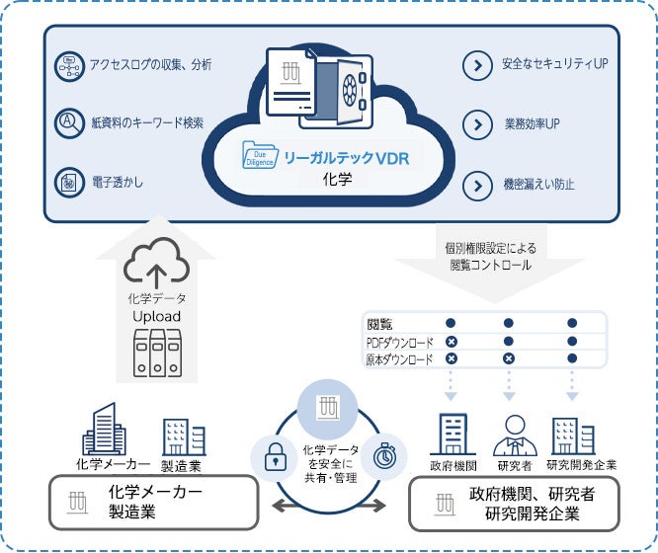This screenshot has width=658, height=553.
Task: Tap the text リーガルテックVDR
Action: (x=346, y=157)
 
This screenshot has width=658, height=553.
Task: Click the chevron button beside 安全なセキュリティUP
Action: (x=478, y=66)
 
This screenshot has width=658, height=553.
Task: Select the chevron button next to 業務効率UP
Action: (x=478, y=125)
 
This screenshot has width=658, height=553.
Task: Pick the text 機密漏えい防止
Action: (x=538, y=184)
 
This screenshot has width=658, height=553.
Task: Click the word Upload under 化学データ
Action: (x=157, y=316)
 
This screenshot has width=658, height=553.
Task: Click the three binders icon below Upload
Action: (x=157, y=352)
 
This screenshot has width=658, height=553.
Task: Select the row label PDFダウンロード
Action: (x=400, y=342)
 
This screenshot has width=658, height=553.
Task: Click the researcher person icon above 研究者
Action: (x=513, y=432)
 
